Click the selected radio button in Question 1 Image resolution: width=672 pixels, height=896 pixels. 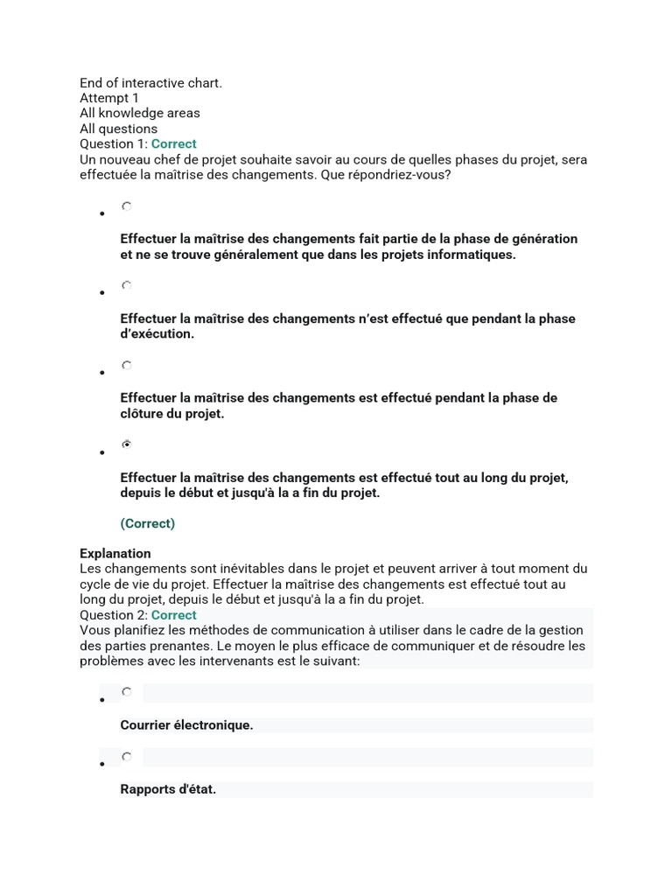pyautogui.click(x=127, y=444)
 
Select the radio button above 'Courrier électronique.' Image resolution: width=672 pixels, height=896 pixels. pyautogui.click(x=127, y=692)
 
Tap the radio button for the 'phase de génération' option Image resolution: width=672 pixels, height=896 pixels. pyautogui.click(x=127, y=206)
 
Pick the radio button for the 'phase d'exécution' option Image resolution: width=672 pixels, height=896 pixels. pyautogui.click(x=127, y=285)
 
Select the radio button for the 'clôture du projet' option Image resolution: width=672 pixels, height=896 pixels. pyautogui.click(x=127, y=366)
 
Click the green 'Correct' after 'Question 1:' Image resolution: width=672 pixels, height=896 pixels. pyautogui.click(x=173, y=143)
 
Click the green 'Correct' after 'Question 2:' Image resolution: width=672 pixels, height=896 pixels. pyautogui.click(x=173, y=615)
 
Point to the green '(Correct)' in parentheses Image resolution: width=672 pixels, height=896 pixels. pyautogui.click(x=147, y=523)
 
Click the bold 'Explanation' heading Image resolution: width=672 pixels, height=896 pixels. pyautogui.click(x=115, y=553)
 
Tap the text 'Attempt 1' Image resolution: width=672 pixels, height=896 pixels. pyautogui.click(x=109, y=98)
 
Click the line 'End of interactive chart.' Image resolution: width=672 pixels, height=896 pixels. pyautogui.click(x=150, y=83)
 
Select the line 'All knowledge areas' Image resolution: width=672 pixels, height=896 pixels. pyautogui.click(x=139, y=113)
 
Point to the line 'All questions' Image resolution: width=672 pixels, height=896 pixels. pyautogui.click(x=118, y=129)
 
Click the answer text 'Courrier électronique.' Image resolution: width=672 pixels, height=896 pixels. pyautogui.click(x=186, y=725)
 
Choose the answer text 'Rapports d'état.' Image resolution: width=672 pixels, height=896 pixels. pyautogui.click(x=168, y=789)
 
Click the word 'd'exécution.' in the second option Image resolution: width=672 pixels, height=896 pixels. pyautogui.click(x=157, y=334)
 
